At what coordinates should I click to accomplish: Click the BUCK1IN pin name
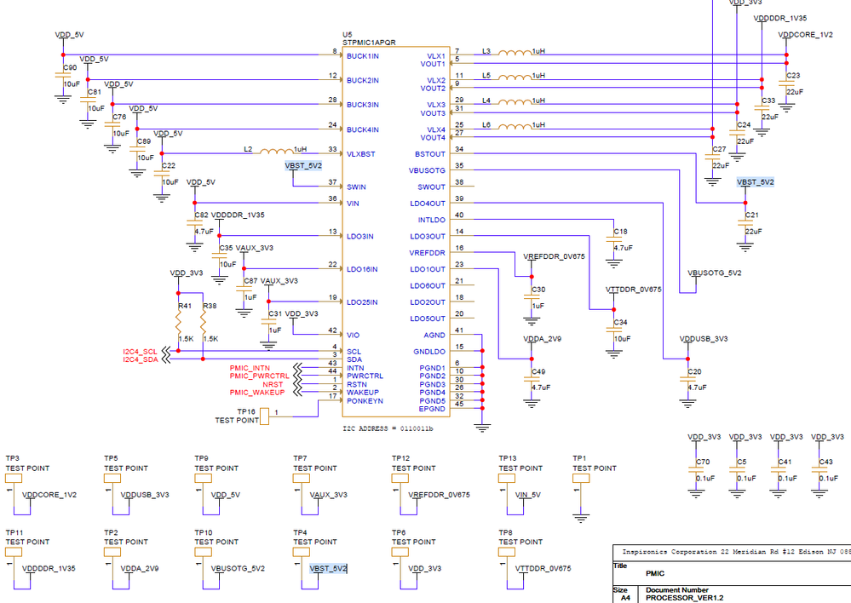click(363, 56)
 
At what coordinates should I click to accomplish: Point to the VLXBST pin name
click(362, 154)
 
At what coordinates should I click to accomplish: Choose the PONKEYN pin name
click(365, 400)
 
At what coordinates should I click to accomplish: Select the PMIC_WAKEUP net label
click(257, 393)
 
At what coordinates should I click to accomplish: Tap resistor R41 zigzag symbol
click(178, 324)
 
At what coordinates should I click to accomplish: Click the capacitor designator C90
click(70, 68)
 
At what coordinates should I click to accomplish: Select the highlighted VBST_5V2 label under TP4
click(328, 568)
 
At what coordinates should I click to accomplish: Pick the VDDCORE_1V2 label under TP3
click(49, 494)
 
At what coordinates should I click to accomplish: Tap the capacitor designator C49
click(538, 372)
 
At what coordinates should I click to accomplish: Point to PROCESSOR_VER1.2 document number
click(685, 598)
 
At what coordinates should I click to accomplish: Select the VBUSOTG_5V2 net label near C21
click(714, 273)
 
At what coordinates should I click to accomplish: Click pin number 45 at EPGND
click(459, 405)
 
